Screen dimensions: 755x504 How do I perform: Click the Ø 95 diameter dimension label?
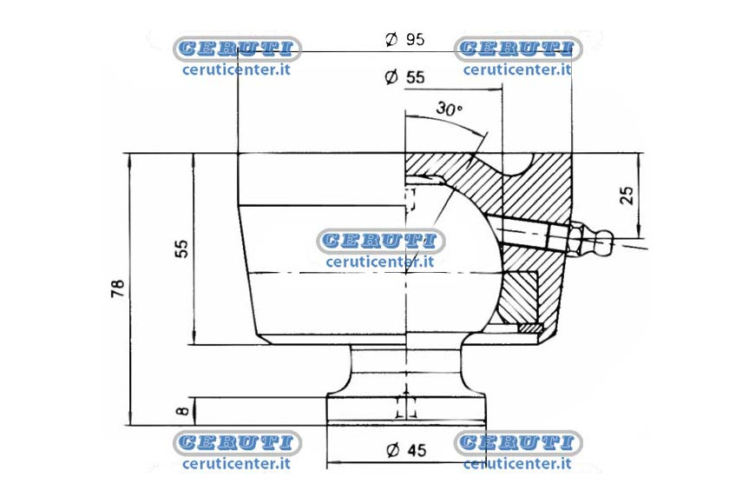point(405,39)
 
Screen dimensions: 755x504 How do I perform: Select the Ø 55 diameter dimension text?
point(405,77)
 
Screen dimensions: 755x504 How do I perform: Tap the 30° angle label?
point(449,109)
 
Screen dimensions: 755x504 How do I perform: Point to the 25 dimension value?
point(627,195)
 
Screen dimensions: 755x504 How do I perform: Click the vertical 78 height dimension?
point(118,288)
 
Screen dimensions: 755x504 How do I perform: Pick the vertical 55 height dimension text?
point(181,249)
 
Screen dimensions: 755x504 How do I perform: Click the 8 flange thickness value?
point(182,411)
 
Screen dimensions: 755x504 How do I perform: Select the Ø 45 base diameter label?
point(407,450)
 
